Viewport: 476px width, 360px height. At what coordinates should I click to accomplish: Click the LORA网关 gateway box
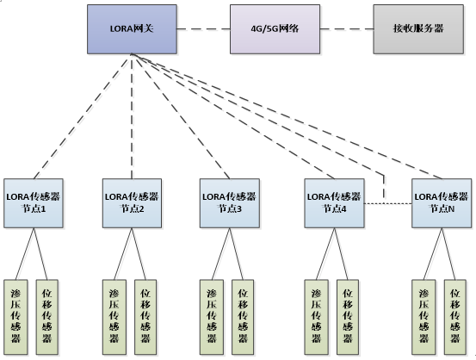coord(132,28)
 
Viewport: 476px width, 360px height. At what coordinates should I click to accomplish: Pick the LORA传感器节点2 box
coord(132,202)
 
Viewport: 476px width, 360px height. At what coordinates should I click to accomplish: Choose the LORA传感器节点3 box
coord(229,202)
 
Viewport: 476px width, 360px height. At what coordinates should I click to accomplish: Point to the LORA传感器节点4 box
coord(336,202)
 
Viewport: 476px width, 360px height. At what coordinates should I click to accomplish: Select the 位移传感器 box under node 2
coord(146,316)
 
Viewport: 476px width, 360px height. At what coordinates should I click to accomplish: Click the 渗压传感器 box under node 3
coord(210,316)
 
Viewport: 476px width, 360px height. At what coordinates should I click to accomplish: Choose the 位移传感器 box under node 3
coord(244,316)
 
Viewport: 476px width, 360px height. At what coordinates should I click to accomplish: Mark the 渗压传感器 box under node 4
coord(317,316)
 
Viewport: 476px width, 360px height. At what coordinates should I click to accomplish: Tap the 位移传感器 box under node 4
coord(349,316)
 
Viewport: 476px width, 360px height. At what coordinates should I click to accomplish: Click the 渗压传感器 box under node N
coord(423,316)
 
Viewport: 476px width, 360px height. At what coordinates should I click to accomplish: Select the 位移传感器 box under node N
coord(456,316)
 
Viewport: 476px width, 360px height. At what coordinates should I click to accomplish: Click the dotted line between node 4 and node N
coord(388,203)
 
